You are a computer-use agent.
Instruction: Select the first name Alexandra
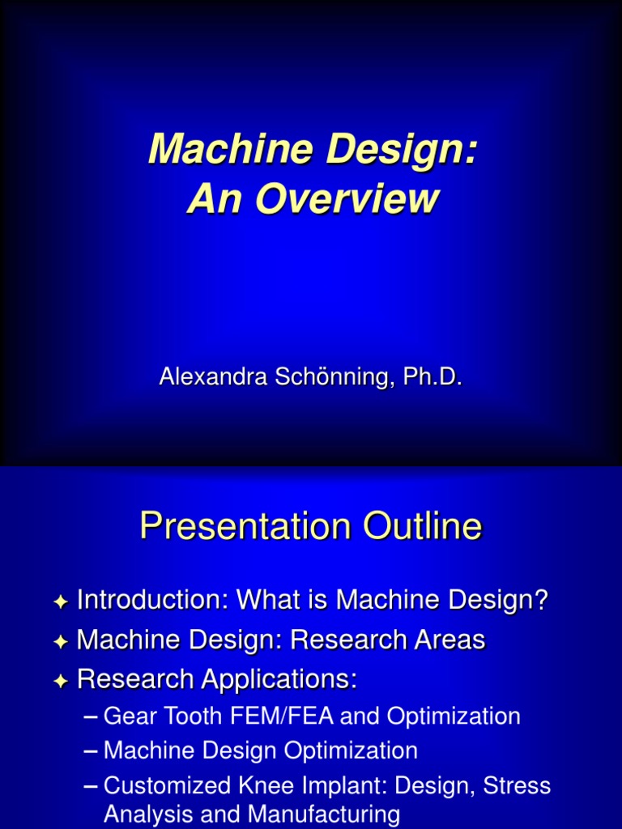tap(205, 376)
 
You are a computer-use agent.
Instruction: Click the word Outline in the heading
tap(421, 528)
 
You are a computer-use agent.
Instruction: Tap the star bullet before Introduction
tap(60, 602)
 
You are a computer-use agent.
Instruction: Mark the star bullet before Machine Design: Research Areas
tap(60, 642)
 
